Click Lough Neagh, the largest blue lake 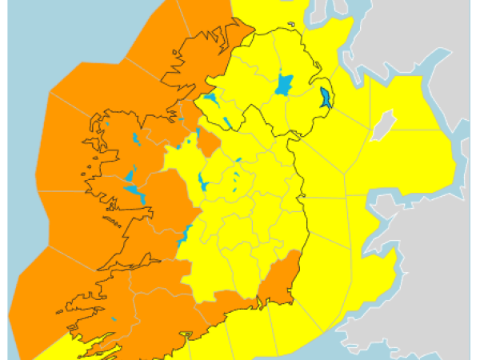284,84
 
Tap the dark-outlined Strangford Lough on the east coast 326,99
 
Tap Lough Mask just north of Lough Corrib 129,175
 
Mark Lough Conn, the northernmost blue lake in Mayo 135,139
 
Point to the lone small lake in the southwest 114,322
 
